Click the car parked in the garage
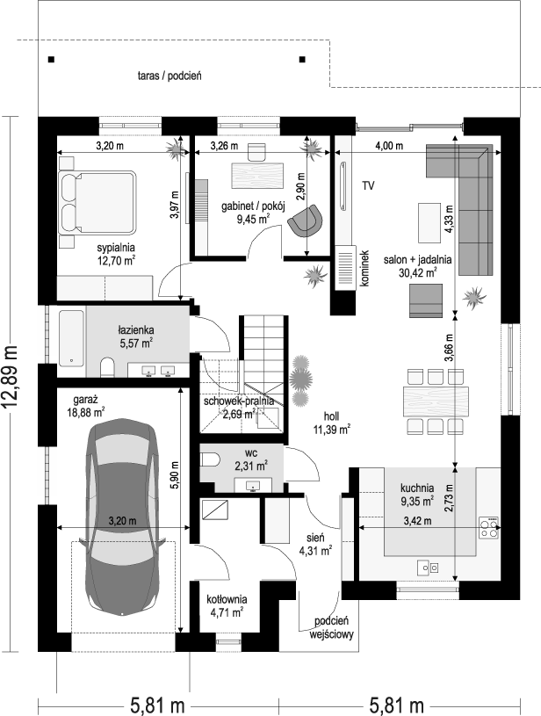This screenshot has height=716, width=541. coord(122,516)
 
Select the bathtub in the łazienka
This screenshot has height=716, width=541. coord(72,338)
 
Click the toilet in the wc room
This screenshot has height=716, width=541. coord(210,459)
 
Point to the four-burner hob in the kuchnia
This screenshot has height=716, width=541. coord(488,527)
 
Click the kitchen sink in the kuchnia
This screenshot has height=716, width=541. coord(428,568)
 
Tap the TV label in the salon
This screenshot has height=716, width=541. coord(369,185)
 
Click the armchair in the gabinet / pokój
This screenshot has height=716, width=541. coord(305,221)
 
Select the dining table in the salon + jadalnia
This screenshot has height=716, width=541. coord(436,401)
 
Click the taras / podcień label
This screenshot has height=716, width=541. coord(170,76)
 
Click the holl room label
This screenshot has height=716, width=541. coord(331,416)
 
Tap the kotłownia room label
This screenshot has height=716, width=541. coord(227,599)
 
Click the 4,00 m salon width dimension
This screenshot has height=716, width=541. coord(389,146)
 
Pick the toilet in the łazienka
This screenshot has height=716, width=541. coord(108,367)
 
